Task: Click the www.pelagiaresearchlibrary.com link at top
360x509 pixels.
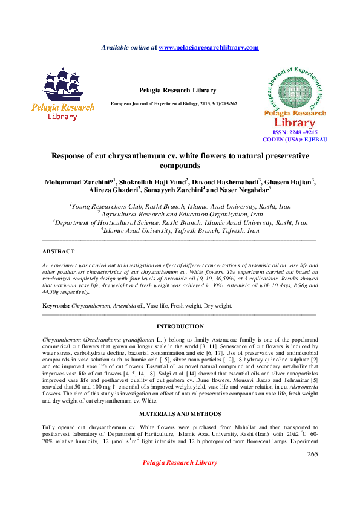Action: pos(208,47)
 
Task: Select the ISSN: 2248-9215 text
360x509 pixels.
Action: pos(295,132)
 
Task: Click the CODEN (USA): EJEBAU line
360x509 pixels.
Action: pos(295,139)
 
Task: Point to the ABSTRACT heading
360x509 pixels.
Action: pos(59,251)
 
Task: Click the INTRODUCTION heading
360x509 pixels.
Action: pos(180,326)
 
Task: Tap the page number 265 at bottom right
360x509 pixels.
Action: pos(312,454)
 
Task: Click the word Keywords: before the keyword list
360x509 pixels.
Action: pos(56,306)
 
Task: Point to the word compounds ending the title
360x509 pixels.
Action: pos(180,164)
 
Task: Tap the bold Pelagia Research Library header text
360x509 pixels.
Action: pos(177,90)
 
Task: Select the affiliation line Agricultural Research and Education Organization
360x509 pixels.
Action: pos(182,214)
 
